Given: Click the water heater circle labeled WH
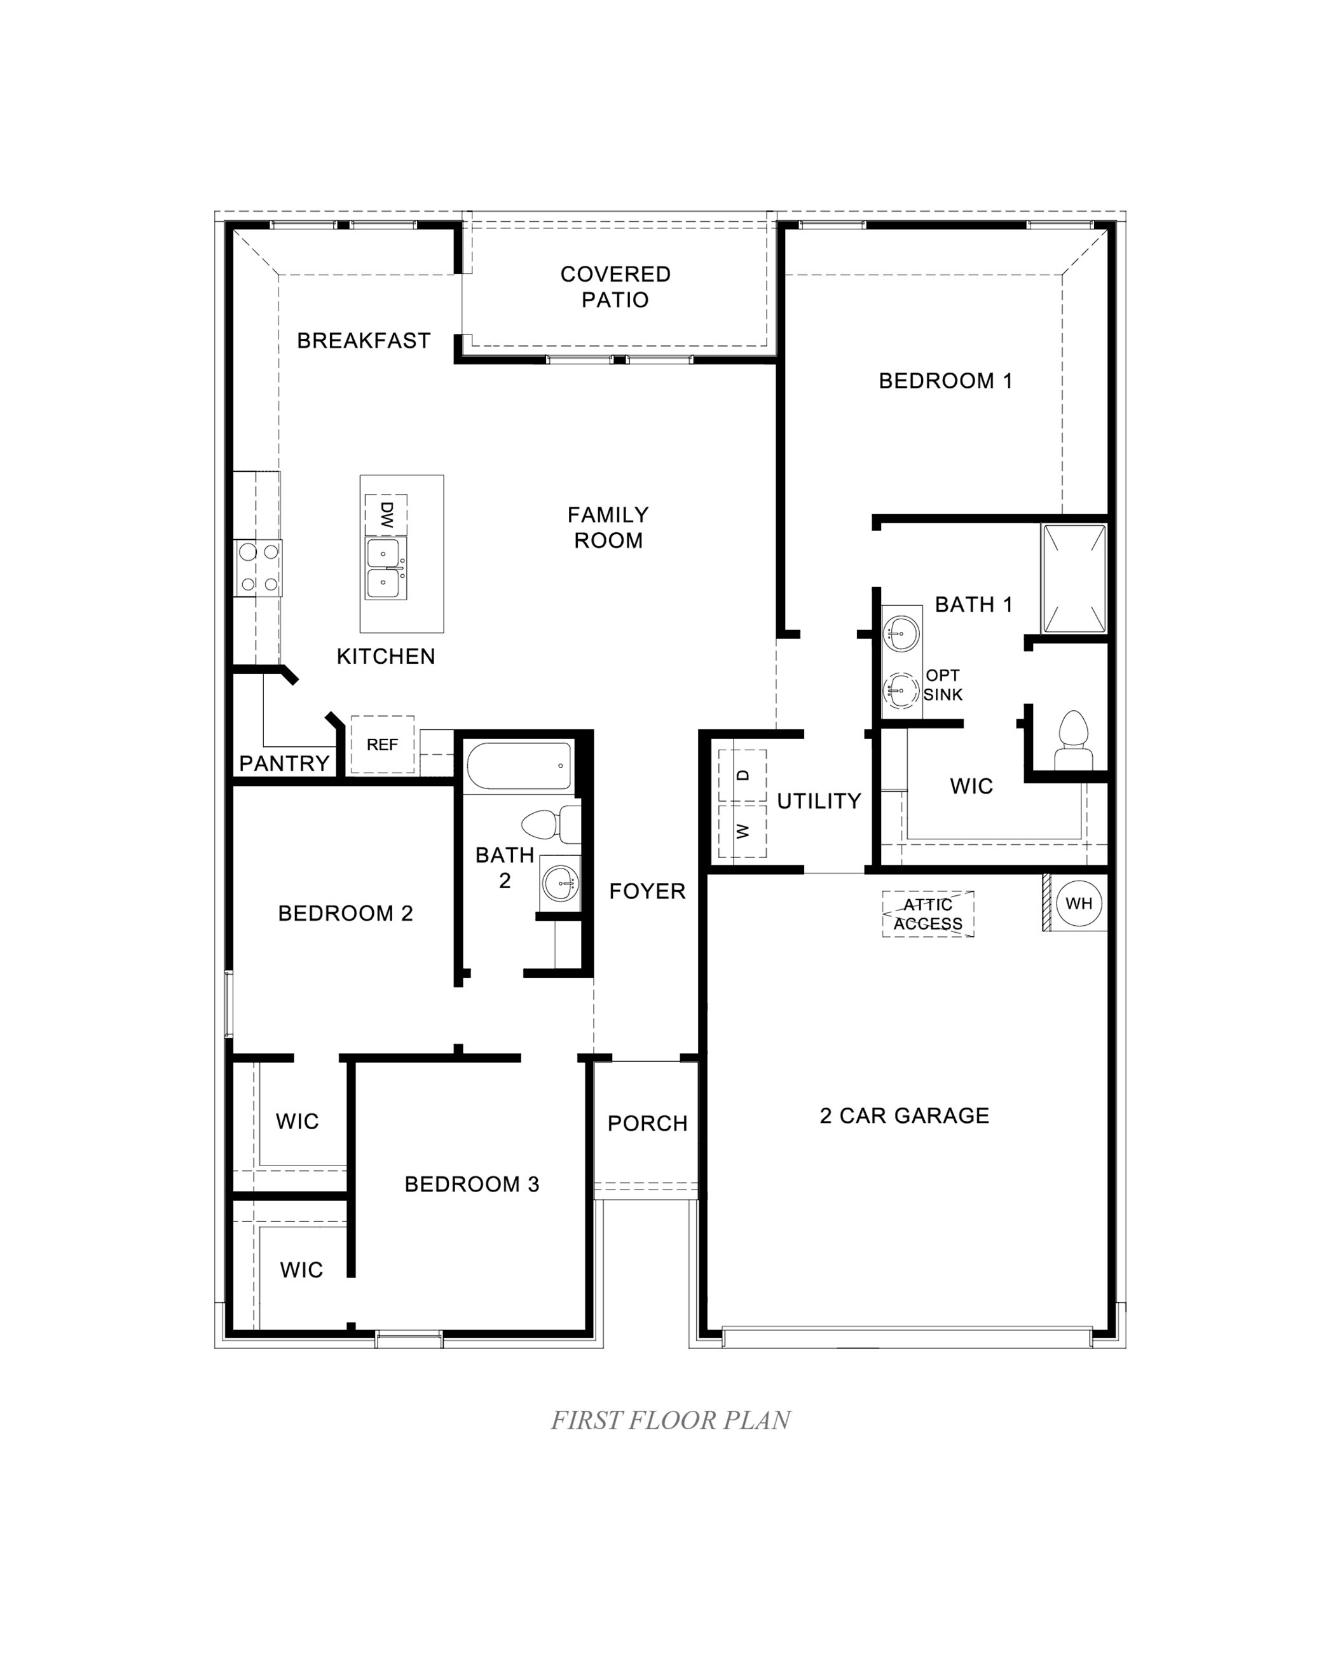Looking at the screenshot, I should (x=1079, y=903).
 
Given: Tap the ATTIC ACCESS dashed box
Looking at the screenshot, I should (x=928, y=914).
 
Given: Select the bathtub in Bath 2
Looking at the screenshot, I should (x=519, y=766).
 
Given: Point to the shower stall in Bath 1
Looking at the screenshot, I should (x=1074, y=578).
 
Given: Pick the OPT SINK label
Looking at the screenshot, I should (x=943, y=685).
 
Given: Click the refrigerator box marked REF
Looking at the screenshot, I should (x=382, y=745).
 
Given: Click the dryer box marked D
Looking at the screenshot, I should (x=742, y=775).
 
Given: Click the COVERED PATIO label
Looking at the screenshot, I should (x=615, y=286).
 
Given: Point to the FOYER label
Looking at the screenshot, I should (x=647, y=891).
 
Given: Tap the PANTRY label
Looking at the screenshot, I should (x=284, y=763).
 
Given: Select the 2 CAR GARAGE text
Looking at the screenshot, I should (x=904, y=1115).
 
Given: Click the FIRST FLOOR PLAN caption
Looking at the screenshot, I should (x=670, y=1420).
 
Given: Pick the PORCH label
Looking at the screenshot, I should (x=647, y=1123).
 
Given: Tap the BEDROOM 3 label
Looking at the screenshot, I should (x=471, y=1184).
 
